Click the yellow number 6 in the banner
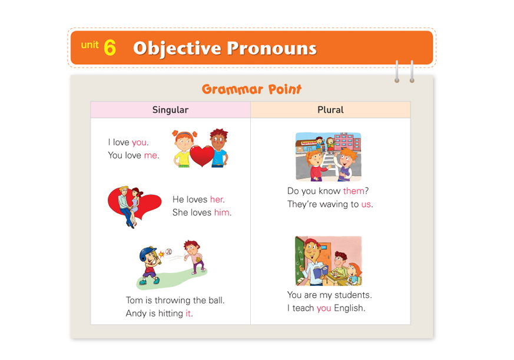click(x=110, y=47)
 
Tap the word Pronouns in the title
click(x=271, y=48)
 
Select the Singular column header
click(x=171, y=110)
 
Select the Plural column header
click(x=330, y=110)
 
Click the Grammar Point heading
click(x=251, y=89)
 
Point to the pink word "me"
click(x=151, y=155)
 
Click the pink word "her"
click(x=216, y=199)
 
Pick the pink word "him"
click(x=221, y=212)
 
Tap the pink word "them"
click(x=354, y=191)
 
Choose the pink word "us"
click(x=366, y=204)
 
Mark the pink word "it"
click(x=188, y=314)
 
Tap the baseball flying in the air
click(x=168, y=252)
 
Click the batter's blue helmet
click(x=147, y=253)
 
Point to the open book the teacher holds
click(x=321, y=271)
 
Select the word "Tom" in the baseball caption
click(x=134, y=300)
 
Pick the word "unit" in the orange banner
click(x=89, y=45)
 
